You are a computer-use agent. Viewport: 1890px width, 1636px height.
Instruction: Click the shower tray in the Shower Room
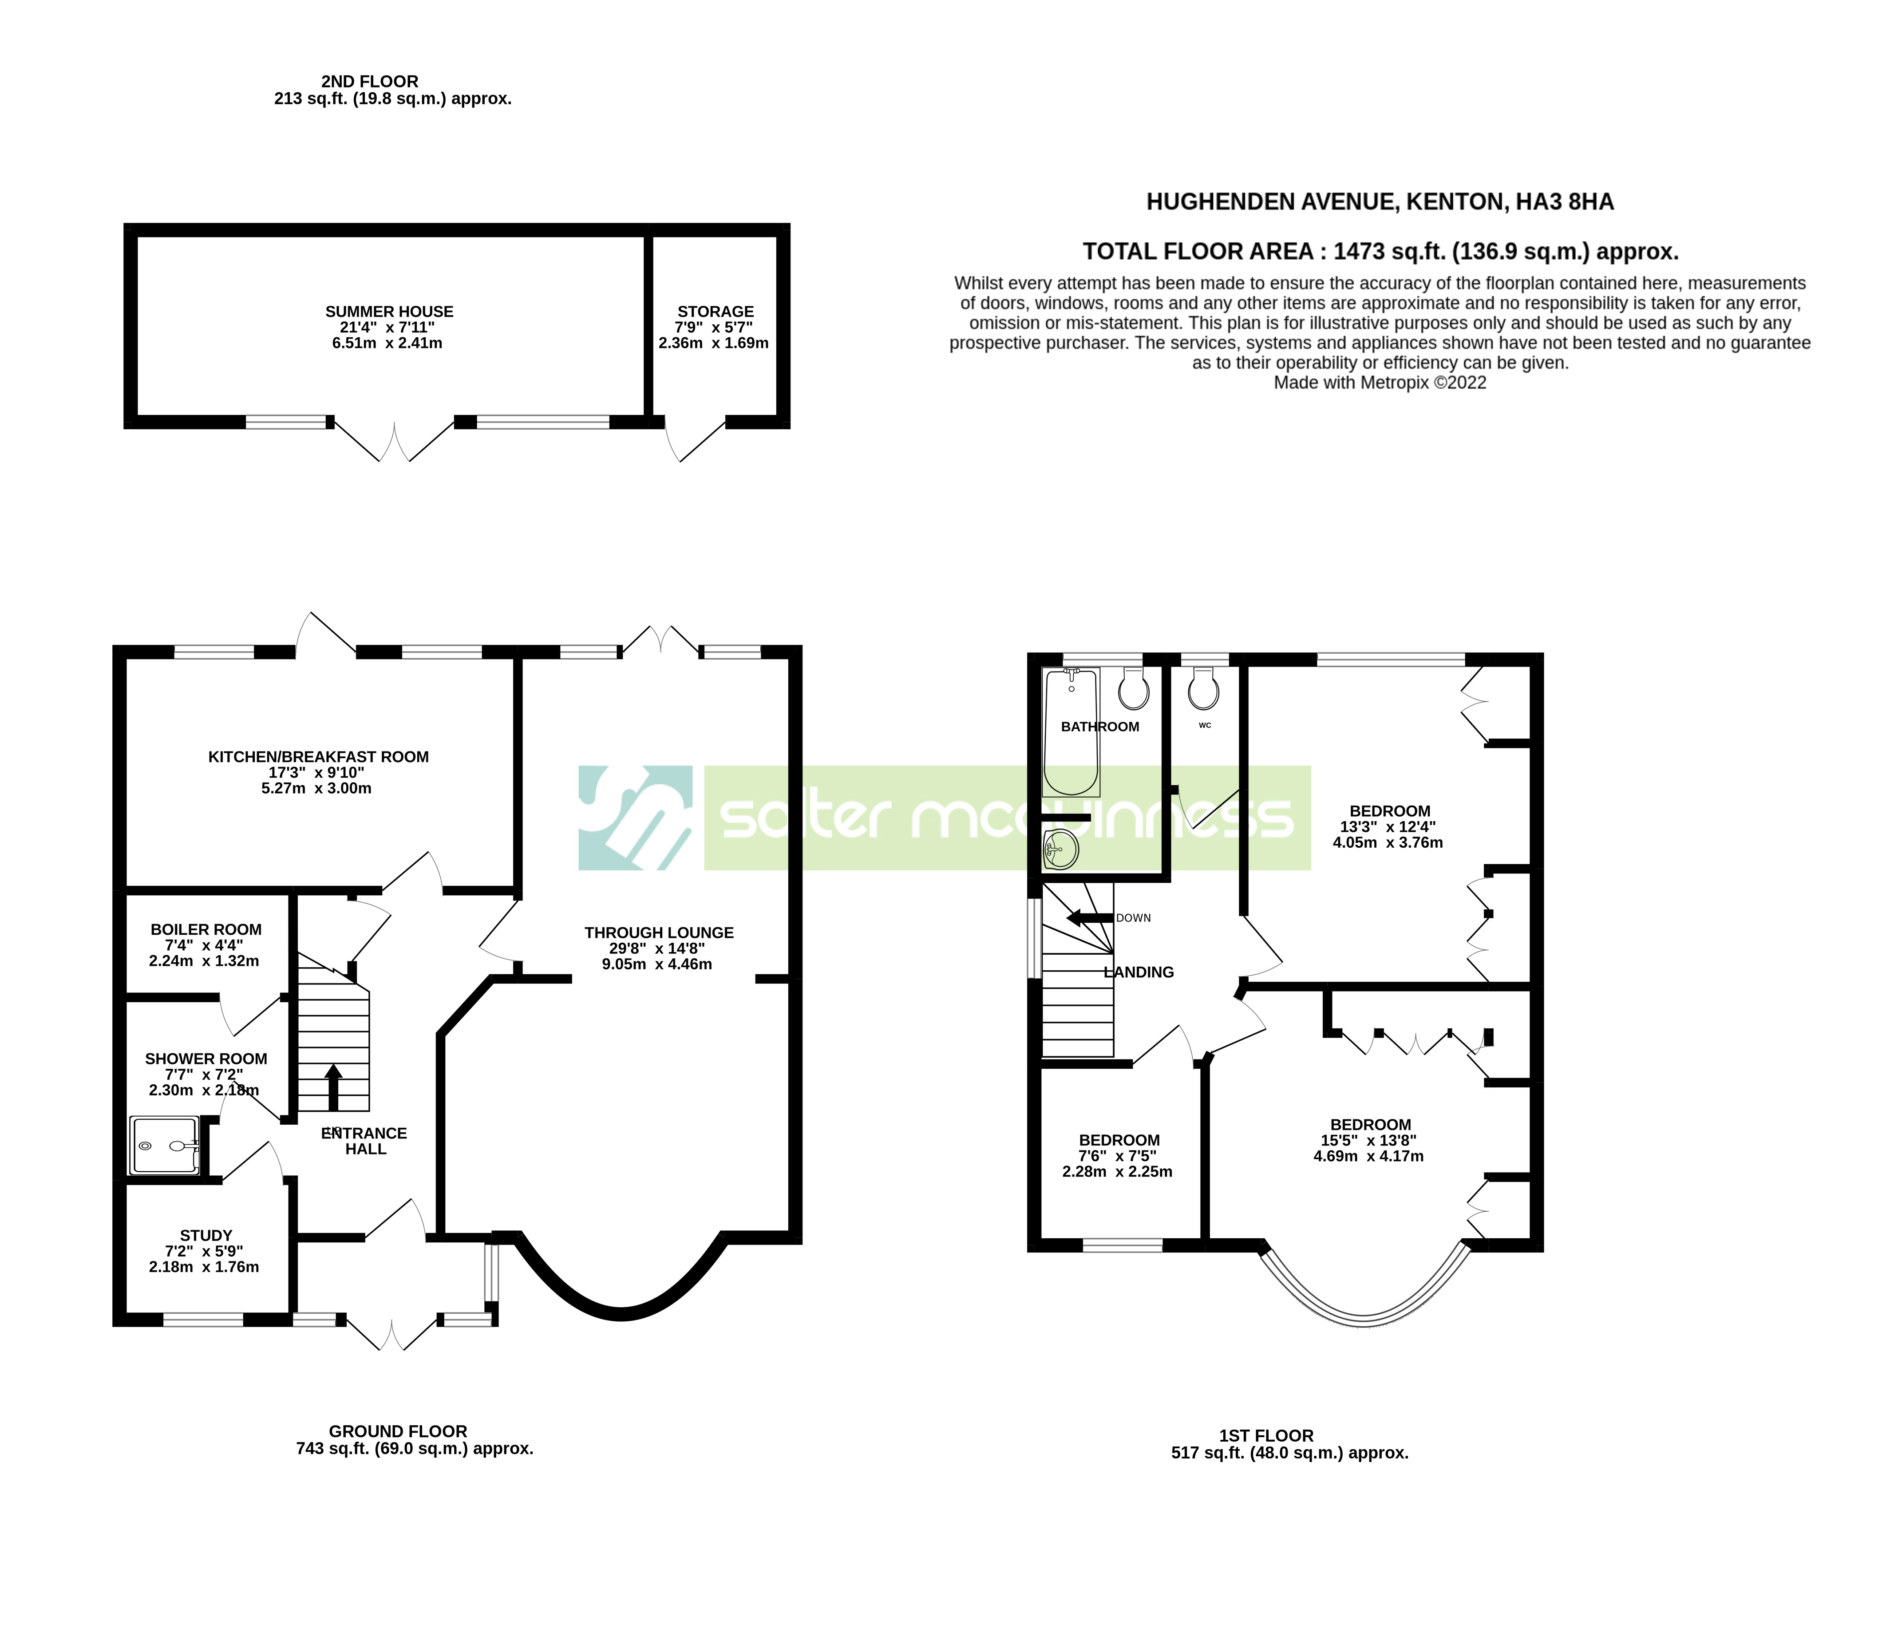point(164,1145)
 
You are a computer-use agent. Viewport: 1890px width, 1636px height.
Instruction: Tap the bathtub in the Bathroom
point(1071,732)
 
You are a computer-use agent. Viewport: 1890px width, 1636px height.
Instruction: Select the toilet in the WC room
point(1203,691)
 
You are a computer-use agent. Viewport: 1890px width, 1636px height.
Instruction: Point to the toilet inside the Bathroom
point(1133,689)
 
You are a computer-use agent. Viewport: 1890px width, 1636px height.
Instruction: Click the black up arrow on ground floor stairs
point(333,1087)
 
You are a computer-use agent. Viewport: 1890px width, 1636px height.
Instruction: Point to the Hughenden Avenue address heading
point(1380,202)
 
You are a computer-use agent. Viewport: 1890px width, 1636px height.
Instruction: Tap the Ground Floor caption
point(398,1431)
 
